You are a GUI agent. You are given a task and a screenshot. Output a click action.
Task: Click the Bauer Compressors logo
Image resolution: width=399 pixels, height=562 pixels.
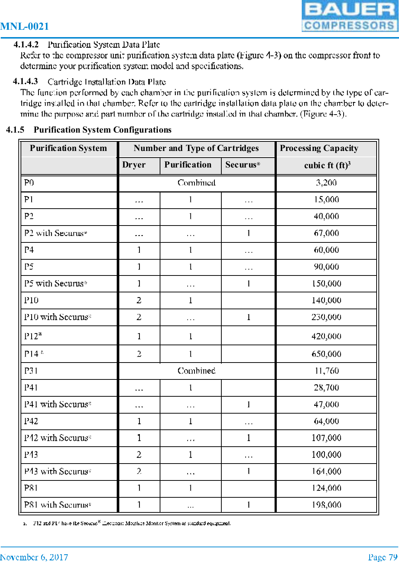coord(349,16)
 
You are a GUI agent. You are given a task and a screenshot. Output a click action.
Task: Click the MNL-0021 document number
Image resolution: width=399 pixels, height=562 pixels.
coord(25,26)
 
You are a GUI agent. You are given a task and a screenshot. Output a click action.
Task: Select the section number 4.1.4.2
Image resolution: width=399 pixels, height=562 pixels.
coord(26,44)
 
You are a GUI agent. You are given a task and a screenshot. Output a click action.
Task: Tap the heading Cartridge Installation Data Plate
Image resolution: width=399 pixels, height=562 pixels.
coord(106,82)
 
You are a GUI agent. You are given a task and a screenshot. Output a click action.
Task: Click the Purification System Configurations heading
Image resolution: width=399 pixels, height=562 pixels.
coord(102,130)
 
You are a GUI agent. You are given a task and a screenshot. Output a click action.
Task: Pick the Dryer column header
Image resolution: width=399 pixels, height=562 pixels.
coord(134,165)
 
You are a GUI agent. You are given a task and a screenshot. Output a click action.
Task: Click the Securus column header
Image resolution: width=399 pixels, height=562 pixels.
coord(243,165)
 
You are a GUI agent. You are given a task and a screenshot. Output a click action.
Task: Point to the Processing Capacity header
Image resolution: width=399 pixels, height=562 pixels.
coord(319,148)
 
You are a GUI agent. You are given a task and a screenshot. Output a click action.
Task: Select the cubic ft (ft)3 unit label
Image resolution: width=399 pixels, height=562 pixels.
coord(327,165)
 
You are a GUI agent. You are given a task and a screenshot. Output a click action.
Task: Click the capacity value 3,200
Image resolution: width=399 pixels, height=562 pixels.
coord(326,183)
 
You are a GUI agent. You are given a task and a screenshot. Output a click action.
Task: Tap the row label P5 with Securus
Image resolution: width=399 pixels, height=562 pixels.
coord(55,284)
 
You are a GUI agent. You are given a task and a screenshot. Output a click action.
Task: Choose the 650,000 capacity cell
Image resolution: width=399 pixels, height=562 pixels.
coord(326,354)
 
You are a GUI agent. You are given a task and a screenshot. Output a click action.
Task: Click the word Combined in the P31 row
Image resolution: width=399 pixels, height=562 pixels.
coord(196,371)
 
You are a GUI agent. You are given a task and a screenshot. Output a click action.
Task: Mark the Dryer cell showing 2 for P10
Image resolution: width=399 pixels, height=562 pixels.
coord(139,300)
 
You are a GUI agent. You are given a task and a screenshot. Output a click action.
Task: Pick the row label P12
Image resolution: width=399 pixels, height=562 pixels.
coord(33,336)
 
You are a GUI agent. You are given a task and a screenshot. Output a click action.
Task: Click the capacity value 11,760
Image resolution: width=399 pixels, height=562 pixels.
coord(326,371)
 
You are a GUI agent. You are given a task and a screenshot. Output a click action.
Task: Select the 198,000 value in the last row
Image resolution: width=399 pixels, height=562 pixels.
coord(326,505)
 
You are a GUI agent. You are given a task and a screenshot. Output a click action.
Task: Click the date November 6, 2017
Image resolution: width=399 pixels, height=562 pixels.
coord(34,557)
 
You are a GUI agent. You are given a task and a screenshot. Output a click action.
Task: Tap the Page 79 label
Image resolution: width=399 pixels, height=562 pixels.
coord(382,557)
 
